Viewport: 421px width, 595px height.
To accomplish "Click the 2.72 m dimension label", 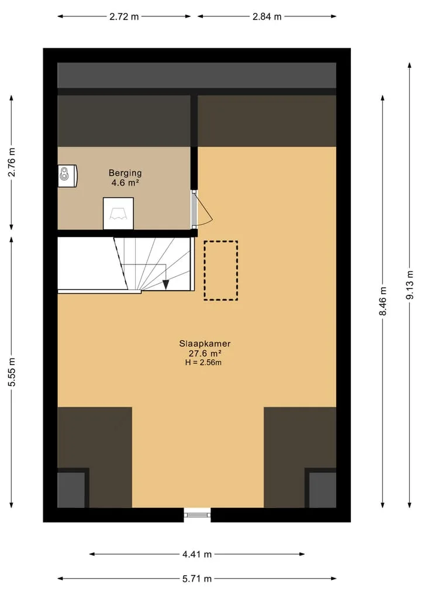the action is pos(124,17).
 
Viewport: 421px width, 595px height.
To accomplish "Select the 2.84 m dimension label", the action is pos(267,17).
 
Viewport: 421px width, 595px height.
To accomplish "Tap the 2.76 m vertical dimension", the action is pos(12,162).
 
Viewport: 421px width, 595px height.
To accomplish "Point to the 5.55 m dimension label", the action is pos(12,372).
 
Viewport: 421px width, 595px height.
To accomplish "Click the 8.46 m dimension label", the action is pos(383,301).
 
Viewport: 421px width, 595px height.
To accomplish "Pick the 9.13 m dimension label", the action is pos(410,285).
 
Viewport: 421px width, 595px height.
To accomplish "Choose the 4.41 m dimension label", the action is pos(197,555).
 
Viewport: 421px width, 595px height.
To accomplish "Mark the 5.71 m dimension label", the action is pos(197,579).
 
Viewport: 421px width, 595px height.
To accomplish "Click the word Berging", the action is pos(125,173).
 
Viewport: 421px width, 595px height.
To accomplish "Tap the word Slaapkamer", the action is pos(205,344).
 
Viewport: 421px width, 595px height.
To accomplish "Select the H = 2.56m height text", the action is pos(203,362).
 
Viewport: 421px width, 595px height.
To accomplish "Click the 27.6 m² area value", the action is pos(205,353).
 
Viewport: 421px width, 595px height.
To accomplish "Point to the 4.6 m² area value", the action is pos(125,183).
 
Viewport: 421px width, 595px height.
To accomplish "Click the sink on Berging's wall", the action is pos(67,176).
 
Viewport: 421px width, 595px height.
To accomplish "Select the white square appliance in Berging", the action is pos(118,214).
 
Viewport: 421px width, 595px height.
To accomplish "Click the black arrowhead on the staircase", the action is pos(165,284).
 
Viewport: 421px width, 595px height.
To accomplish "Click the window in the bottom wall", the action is pos(197,515).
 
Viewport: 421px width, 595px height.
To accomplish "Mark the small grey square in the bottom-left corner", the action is pos(71,490).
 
